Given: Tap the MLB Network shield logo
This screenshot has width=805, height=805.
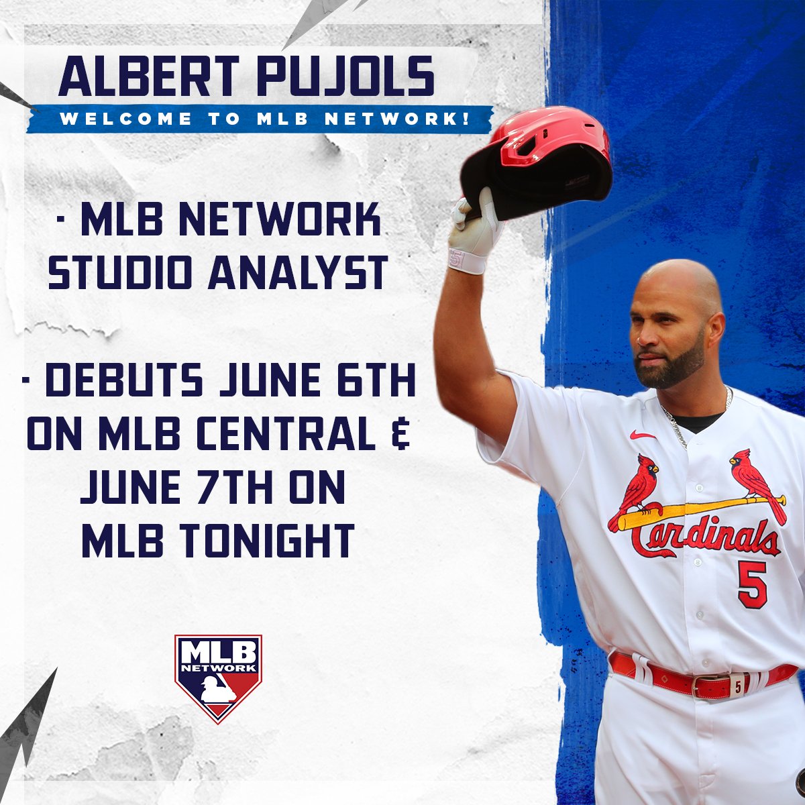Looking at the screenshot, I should point(218,678).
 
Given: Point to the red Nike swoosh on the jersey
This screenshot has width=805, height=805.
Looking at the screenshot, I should point(643,435).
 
